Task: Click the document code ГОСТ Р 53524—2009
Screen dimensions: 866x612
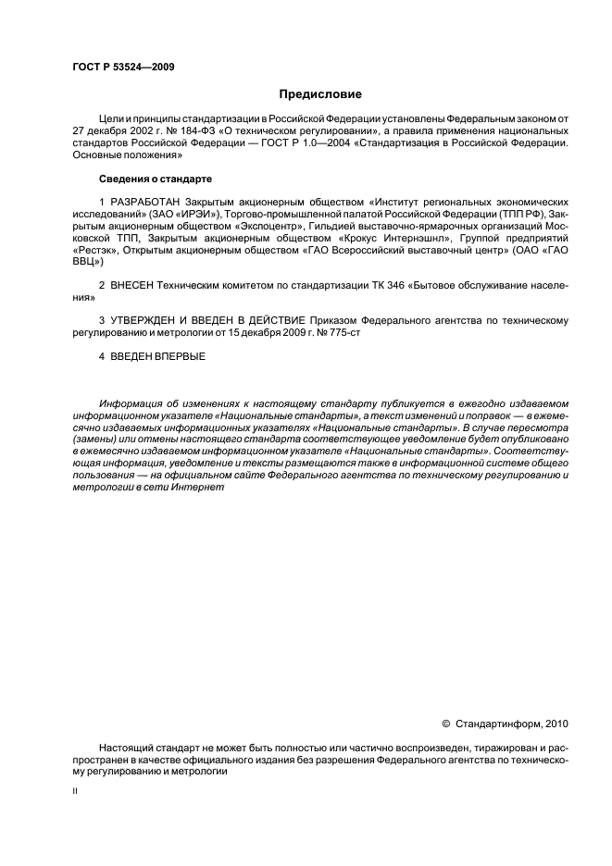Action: (x=122, y=68)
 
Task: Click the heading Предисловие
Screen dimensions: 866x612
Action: (x=320, y=94)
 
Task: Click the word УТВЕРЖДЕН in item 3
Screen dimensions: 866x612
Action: (x=151, y=320)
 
